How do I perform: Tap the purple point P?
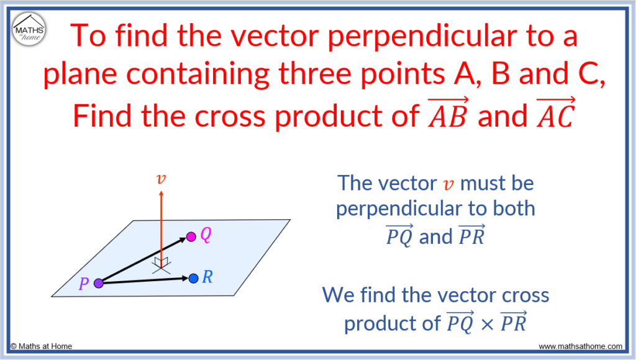click(98, 284)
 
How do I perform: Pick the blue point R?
click(193, 278)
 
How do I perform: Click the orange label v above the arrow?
click(161, 179)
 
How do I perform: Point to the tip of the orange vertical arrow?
click(161, 193)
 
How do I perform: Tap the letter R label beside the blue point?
click(207, 277)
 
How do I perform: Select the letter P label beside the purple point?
click(84, 285)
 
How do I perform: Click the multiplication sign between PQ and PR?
click(489, 324)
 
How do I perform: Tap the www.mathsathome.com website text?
click(580, 346)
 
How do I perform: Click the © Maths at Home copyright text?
click(40, 346)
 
